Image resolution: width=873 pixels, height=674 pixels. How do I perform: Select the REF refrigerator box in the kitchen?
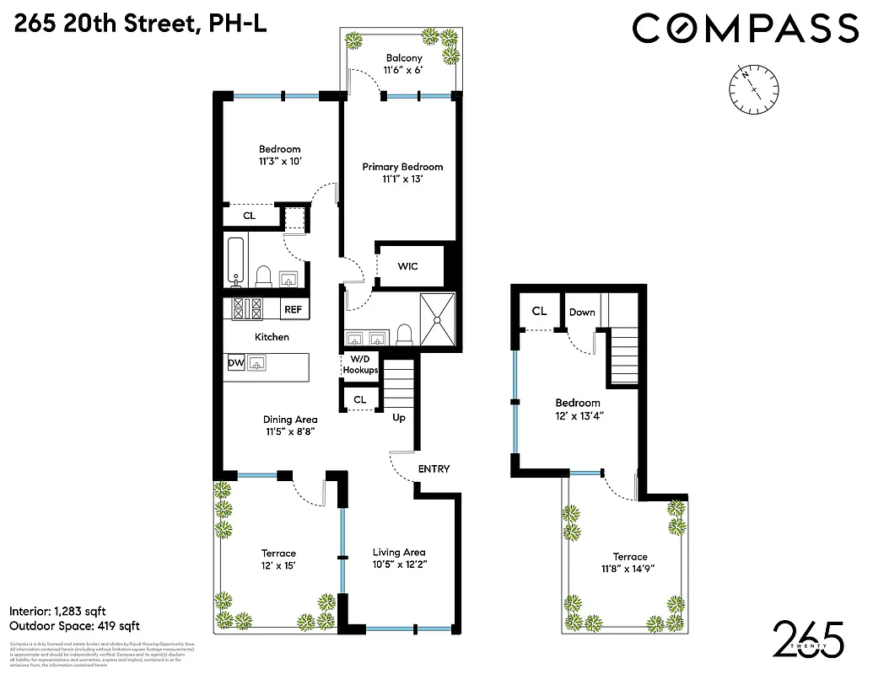coord(293,310)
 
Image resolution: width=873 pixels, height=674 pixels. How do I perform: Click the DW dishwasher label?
coord(236,363)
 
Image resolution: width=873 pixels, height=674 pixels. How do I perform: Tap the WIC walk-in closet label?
coord(407,266)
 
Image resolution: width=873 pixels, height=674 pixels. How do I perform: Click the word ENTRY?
coord(434,469)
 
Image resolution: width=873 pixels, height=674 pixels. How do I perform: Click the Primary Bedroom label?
coord(402,167)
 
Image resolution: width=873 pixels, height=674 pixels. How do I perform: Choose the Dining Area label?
coord(289,420)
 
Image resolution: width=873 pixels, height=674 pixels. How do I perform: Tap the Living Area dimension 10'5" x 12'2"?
coord(399,566)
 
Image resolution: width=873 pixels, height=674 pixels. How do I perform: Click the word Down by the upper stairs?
coord(581,312)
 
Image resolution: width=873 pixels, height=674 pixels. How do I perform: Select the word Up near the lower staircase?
coord(400,417)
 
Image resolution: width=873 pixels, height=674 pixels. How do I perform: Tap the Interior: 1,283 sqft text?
coord(57,611)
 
